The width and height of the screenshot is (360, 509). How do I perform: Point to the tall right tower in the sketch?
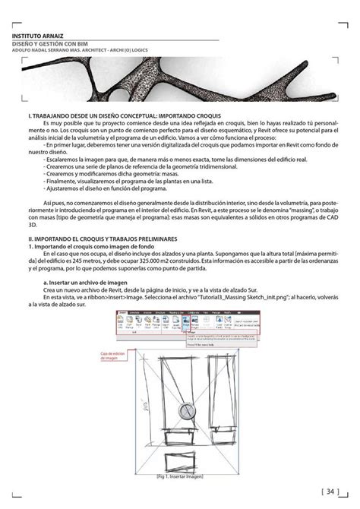[223, 395]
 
